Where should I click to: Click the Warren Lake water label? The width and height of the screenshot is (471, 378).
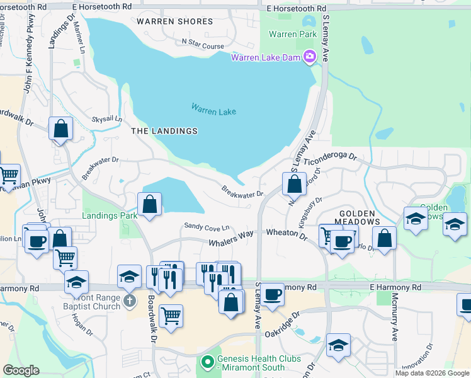pyautogui.click(x=213, y=111)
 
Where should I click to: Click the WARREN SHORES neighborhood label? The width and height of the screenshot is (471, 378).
pyautogui.click(x=174, y=21)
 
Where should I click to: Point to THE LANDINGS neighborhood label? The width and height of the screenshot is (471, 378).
pyautogui.click(x=164, y=131)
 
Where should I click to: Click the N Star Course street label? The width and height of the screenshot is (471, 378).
pyautogui.click(x=203, y=46)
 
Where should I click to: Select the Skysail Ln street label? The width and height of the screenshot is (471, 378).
pyautogui.click(x=107, y=118)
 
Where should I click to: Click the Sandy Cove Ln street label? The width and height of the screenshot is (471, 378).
pyautogui.click(x=207, y=226)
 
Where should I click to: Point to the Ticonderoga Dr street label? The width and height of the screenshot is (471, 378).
pyautogui.click(x=330, y=161)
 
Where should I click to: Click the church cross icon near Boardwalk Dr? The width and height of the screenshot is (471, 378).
pyautogui.click(x=129, y=300)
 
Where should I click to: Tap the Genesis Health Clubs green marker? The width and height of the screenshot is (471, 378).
pyautogui.click(x=207, y=362)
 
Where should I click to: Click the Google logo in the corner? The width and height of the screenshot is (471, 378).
pyautogui.click(x=21, y=370)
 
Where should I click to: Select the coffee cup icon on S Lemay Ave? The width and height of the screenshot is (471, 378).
pyautogui.click(x=273, y=295)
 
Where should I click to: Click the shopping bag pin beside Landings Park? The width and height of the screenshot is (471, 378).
pyautogui.click(x=149, y=204)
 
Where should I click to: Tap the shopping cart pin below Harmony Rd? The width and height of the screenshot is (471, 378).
pyautogui.click(x=171, y=316)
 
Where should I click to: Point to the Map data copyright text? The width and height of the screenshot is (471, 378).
pyautogui.click(x=432, y=373)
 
